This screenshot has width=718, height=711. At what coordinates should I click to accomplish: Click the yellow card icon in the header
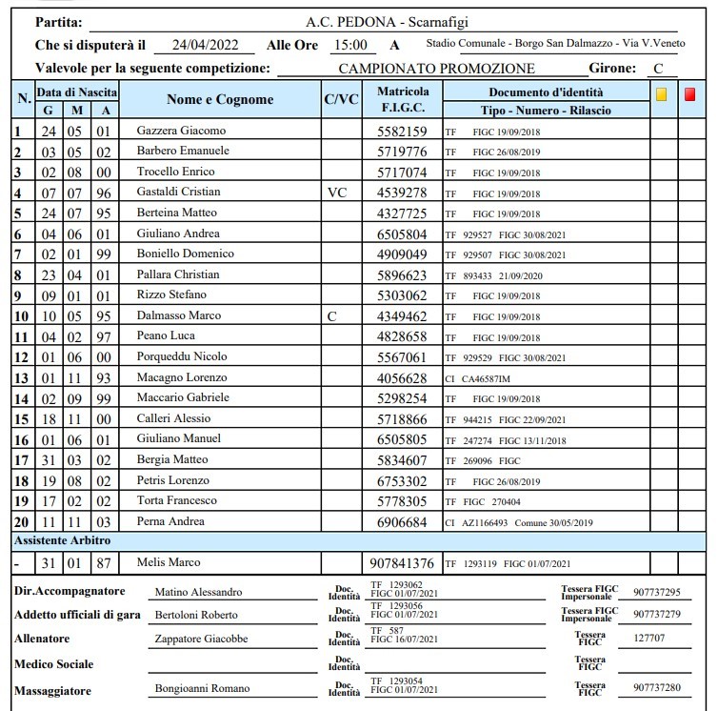click(662, 94)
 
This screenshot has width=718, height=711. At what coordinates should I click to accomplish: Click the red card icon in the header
click(690, 94)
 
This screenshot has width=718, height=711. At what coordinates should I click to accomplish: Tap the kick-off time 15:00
click(349, 45)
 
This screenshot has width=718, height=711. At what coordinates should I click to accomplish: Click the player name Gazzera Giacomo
click(181, 131)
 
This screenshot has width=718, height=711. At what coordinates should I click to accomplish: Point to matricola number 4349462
click(403, 315)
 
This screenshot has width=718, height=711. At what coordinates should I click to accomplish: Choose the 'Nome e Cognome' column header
click(220, 99)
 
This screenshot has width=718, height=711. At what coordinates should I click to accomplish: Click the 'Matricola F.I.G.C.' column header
click(403, 99)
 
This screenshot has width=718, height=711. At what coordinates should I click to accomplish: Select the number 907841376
click(403, 563)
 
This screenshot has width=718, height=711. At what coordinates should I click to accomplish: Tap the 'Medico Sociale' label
click(53, 663)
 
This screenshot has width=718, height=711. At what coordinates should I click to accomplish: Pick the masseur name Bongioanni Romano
click(202, 688)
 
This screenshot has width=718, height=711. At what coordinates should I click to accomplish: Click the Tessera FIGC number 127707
click(649, 639)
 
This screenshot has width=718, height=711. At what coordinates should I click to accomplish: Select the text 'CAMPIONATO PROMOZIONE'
click(436, 69)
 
